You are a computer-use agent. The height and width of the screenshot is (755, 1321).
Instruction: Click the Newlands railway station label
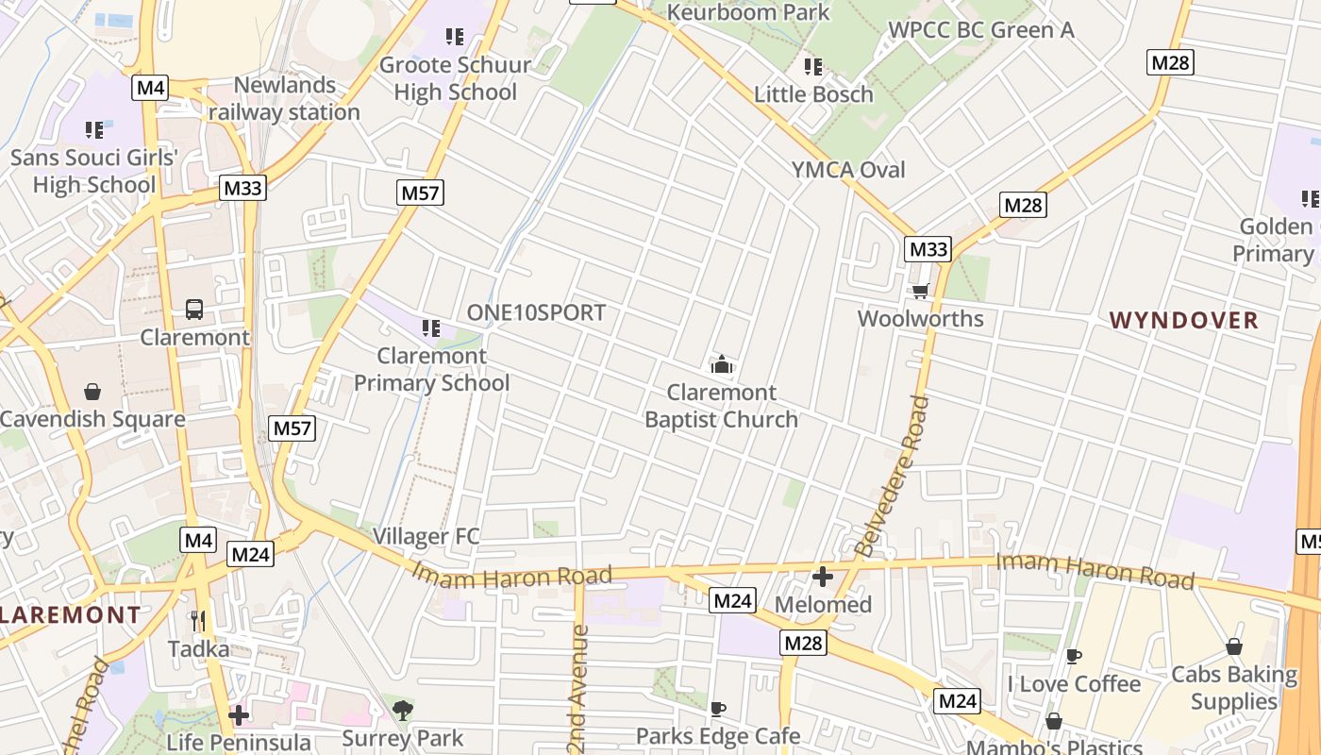pyautogui.click(x=284, y=98)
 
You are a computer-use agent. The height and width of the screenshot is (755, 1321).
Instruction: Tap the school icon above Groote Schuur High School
pyautogui.click(x=455, y=37)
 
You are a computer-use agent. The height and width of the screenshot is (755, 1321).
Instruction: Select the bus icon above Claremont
pyautogui.click(x=194, y=309)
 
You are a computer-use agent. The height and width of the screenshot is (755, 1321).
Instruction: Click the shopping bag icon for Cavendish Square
pyautogui.click(x=92, y=391)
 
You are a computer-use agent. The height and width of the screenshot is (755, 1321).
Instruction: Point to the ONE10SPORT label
pyautogui.click(x=536, y=312)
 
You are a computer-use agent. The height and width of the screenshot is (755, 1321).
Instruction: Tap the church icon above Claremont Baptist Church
pyautogui.click(x=722, y=364)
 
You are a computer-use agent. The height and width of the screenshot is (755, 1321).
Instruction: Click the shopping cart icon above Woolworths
pyautogui.click(x=920, y=291)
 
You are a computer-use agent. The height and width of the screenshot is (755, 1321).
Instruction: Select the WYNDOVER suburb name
pyautogui.click(x=1184, y=320)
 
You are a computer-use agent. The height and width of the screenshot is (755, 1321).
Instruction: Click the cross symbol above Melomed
pyautogui.click(x=823, y=576)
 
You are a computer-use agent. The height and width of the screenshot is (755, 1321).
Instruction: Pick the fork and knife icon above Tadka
pyautogui.click(x=198, y=620)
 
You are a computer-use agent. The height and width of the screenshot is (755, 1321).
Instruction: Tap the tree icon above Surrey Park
pyautogui.click(x=403, y=710)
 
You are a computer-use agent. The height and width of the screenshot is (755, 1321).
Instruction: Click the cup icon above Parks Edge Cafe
pyautogui.click(x=717, y=708)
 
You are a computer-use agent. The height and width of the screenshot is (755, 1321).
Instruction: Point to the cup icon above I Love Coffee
pyautogui.click(x=1073, y=656)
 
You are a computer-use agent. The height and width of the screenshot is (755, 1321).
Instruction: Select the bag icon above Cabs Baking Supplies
pyautogui.click(x=1233, y=646)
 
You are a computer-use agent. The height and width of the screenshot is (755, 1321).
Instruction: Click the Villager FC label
pyautogui.click(x=426, y=536)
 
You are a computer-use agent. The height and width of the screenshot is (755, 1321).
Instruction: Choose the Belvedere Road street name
pyautogui.click(x=892, y=475)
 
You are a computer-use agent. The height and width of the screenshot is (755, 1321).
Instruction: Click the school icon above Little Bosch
pyautogui.click(x=813, y=67)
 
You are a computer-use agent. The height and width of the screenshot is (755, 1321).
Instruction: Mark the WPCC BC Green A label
pyautogui.click(x=981, y=30)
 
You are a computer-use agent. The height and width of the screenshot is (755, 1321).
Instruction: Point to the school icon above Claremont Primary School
pyautogui.click(x=431, y=328)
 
